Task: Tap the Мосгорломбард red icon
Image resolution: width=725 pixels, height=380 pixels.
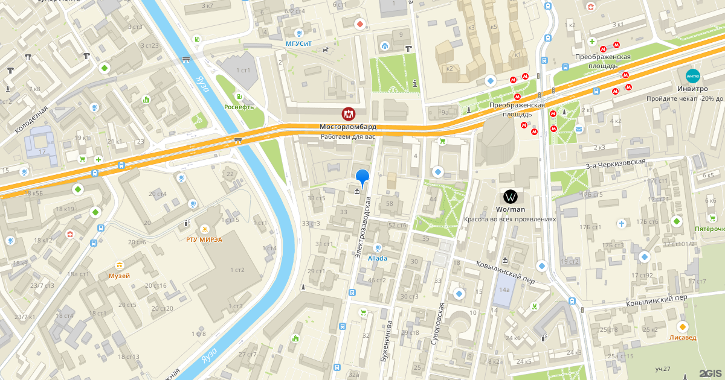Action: [x=348, y=114]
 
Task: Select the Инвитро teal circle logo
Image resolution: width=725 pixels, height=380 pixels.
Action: [x=692, y=77]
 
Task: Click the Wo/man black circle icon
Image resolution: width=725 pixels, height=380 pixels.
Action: [x=511, y=196]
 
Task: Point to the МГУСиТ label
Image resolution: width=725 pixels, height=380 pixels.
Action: [x=300, y=44]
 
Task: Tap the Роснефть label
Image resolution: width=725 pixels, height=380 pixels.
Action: [x=239, y=107]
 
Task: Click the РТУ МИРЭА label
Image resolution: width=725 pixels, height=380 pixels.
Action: [x=204, y=239]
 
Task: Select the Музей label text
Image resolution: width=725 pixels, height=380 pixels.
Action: [x=119, y=276]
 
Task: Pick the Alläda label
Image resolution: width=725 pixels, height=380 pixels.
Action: [x=378, y=258]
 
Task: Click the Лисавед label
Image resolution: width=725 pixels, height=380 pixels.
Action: [x=683, y=338]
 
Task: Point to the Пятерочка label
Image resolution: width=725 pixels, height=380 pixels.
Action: [x=709, y=229]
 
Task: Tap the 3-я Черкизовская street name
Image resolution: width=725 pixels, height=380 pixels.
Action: [x=615, y=164]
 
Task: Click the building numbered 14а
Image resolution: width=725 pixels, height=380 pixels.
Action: [x=504, y=290]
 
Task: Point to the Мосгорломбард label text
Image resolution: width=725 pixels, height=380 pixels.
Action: [x=348, y=127]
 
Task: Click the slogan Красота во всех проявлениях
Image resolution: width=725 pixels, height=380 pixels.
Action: [x=510, y=220]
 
